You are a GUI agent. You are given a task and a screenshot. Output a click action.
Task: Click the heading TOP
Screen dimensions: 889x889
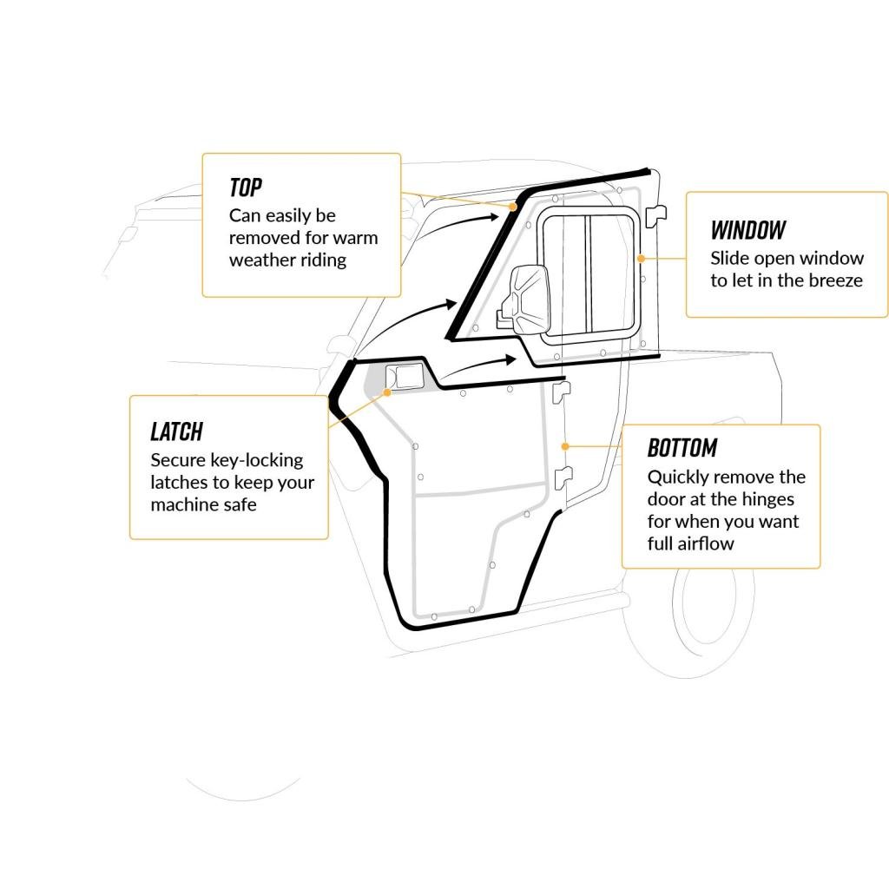click(246, 187)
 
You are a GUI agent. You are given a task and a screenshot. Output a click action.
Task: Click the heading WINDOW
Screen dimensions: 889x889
click(747, 230)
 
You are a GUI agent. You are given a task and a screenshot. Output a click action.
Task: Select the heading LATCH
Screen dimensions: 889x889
click(176, 431)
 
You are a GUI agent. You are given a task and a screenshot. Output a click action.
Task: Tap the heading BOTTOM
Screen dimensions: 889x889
click(682, 448)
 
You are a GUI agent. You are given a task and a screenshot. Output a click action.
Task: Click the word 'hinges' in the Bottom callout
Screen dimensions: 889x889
click(768, 499)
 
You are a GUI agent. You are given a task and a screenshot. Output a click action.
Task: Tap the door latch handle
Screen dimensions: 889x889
click(405, 377)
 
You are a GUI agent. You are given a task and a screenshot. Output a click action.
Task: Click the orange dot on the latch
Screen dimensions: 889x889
click(387, 392)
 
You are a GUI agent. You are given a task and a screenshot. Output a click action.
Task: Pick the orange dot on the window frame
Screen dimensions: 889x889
click(641, 258)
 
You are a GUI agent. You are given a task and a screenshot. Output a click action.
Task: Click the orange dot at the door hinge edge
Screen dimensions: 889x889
click(564, 445)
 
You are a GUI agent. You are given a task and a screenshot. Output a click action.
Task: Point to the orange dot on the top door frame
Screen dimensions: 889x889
click(513, 207)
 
